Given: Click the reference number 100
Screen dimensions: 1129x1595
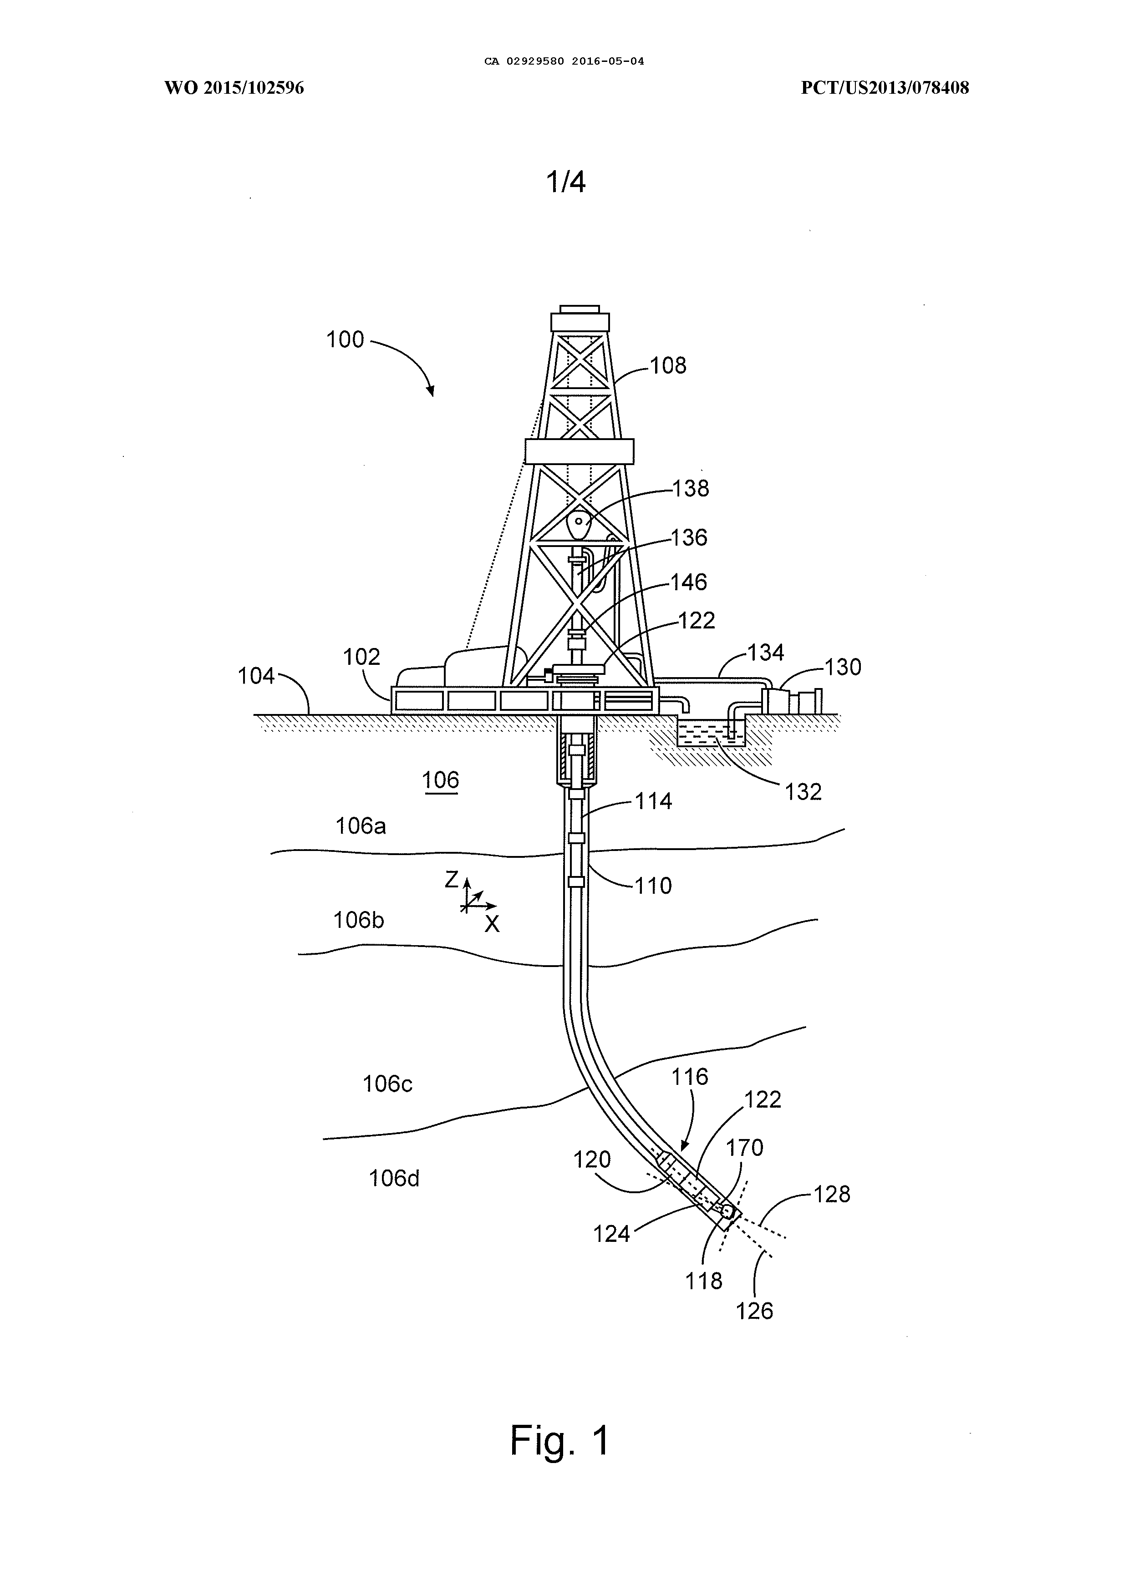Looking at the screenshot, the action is pyautogui.click(x=346, y=340).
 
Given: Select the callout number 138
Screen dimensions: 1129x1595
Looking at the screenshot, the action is pyautogui.click(x=690, y=489).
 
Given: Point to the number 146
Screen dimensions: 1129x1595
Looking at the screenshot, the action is pyautogui.click(x=688, y=582).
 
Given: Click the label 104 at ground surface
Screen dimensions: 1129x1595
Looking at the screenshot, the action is pyautogui.click(x=256, y=675).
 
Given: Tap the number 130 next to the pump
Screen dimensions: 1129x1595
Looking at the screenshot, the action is pyautogui.click(x=843, y=667).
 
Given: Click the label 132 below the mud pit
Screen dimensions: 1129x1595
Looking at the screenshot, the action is pyautogui.click(x=803, y=792).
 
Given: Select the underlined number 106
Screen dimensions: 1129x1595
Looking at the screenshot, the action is pyautogui.click(x=441, y=780).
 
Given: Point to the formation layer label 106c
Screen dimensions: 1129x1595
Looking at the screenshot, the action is pyautogui.click(x=388, y=1084).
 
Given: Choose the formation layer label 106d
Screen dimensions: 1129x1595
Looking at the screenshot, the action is pyautogui.click(x=394, y=1178).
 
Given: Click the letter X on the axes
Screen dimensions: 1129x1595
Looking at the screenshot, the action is pyautogui.click(x=492, y=924).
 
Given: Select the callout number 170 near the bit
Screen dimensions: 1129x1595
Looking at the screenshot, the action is pyautogui.click(x=745, y=1147).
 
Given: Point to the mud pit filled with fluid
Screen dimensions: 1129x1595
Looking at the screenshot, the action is pyautogui.click(x=711, y=733).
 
